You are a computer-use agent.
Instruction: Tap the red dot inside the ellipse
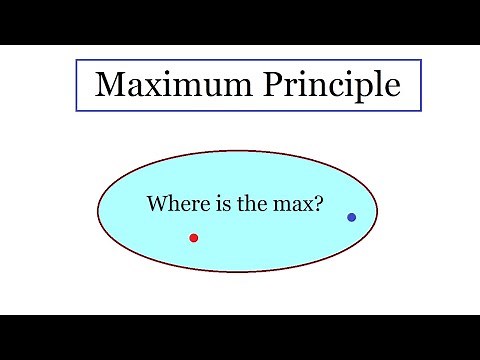tap(193, 237)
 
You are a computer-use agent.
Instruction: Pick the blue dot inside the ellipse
tap(351, 217)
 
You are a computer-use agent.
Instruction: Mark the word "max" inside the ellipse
tap(289, 205)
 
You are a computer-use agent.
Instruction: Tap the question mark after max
tap(317, 204)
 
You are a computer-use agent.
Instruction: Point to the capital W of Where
tap(157, 204)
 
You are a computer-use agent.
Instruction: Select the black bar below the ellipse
tap(240, 337)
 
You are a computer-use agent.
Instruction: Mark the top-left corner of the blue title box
tap(76, 62)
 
